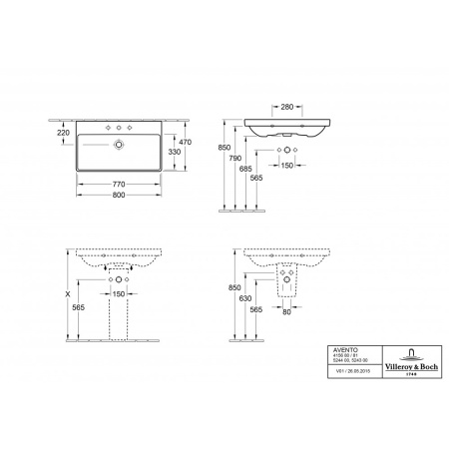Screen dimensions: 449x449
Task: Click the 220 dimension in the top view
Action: click(64, 132)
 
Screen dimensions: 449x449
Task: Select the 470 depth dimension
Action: click(184, 142)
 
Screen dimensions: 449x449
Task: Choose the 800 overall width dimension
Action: click(119, 197)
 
